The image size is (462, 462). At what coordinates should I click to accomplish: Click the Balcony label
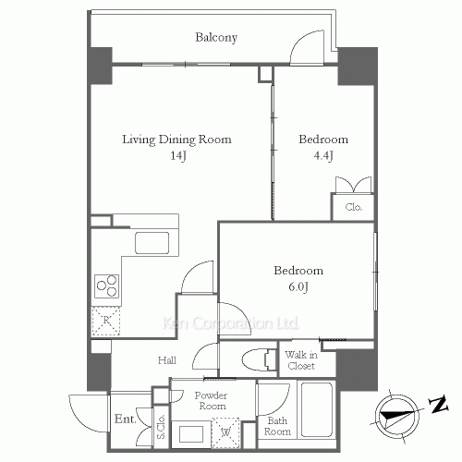click(216, 38)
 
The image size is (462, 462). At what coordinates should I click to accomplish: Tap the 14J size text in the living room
click(178, 156)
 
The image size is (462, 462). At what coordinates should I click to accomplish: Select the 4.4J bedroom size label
click(323, 156)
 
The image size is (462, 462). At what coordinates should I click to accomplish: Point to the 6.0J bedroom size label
click(298, 287)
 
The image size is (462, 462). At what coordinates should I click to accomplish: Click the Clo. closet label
click(354, 207)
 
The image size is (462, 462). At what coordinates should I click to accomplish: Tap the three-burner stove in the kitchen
click(106, 286)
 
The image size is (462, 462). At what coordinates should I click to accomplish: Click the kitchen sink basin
click(152, 243)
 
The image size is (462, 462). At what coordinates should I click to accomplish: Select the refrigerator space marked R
click(106, 321)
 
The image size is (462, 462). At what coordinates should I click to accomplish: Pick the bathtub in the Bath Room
click(317, 409)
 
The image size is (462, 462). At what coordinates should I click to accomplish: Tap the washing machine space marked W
click(225, 432)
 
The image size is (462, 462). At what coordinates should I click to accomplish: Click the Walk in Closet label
click(301, 360)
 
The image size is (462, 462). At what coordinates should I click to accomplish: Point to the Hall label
click(167, 360)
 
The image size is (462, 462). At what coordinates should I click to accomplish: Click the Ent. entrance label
click(125, 419)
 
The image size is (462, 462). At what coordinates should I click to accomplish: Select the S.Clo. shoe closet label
click(161, 427)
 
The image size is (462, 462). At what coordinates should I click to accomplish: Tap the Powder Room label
click(212, 400)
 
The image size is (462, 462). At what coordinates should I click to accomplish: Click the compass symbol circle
click(397, 416)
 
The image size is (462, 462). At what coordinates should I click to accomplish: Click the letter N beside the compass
click(438, 405)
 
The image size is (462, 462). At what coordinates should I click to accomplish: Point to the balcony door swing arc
click(305, 40)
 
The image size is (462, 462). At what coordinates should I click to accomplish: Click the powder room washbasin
click(191, 434)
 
